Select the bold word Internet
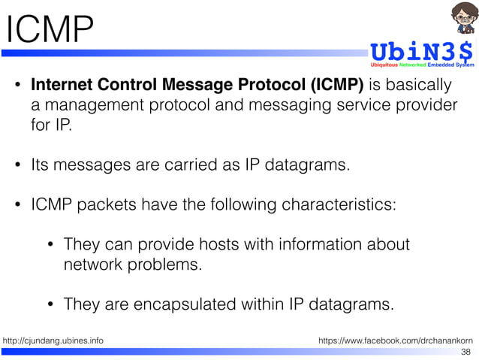coord(65,84)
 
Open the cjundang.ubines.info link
coord(53,340)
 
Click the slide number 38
coord(465,352)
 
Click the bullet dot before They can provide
coord(50,246)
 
